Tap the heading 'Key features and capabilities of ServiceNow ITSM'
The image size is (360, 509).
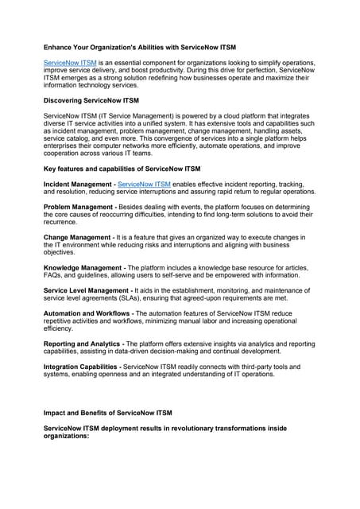point(122,169)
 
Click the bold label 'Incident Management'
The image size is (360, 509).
point(78,184)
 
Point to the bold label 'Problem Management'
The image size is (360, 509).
point(79,205)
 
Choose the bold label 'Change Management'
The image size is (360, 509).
point(77,237)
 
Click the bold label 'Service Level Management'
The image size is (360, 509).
point(87,291)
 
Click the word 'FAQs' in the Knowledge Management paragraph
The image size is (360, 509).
point(53,276)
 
